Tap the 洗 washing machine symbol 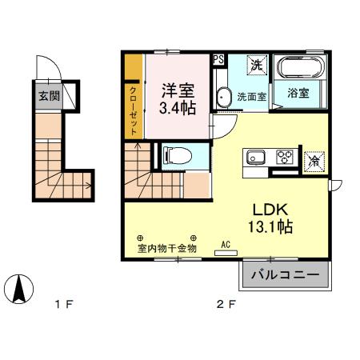[x=257, y=64]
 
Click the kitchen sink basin [x=255, y=156]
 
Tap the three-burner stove [x=284, y=156]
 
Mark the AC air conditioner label [x=226, y=245]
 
